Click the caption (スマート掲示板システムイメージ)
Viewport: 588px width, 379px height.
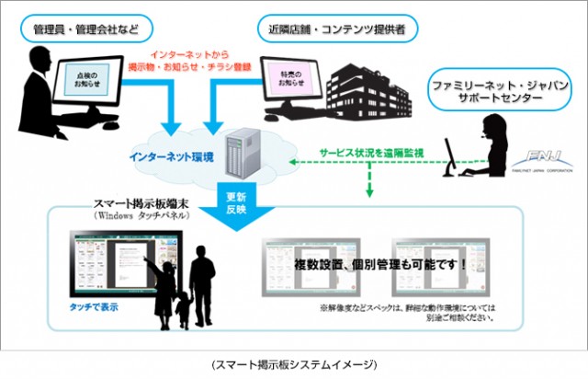pos(294,365)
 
